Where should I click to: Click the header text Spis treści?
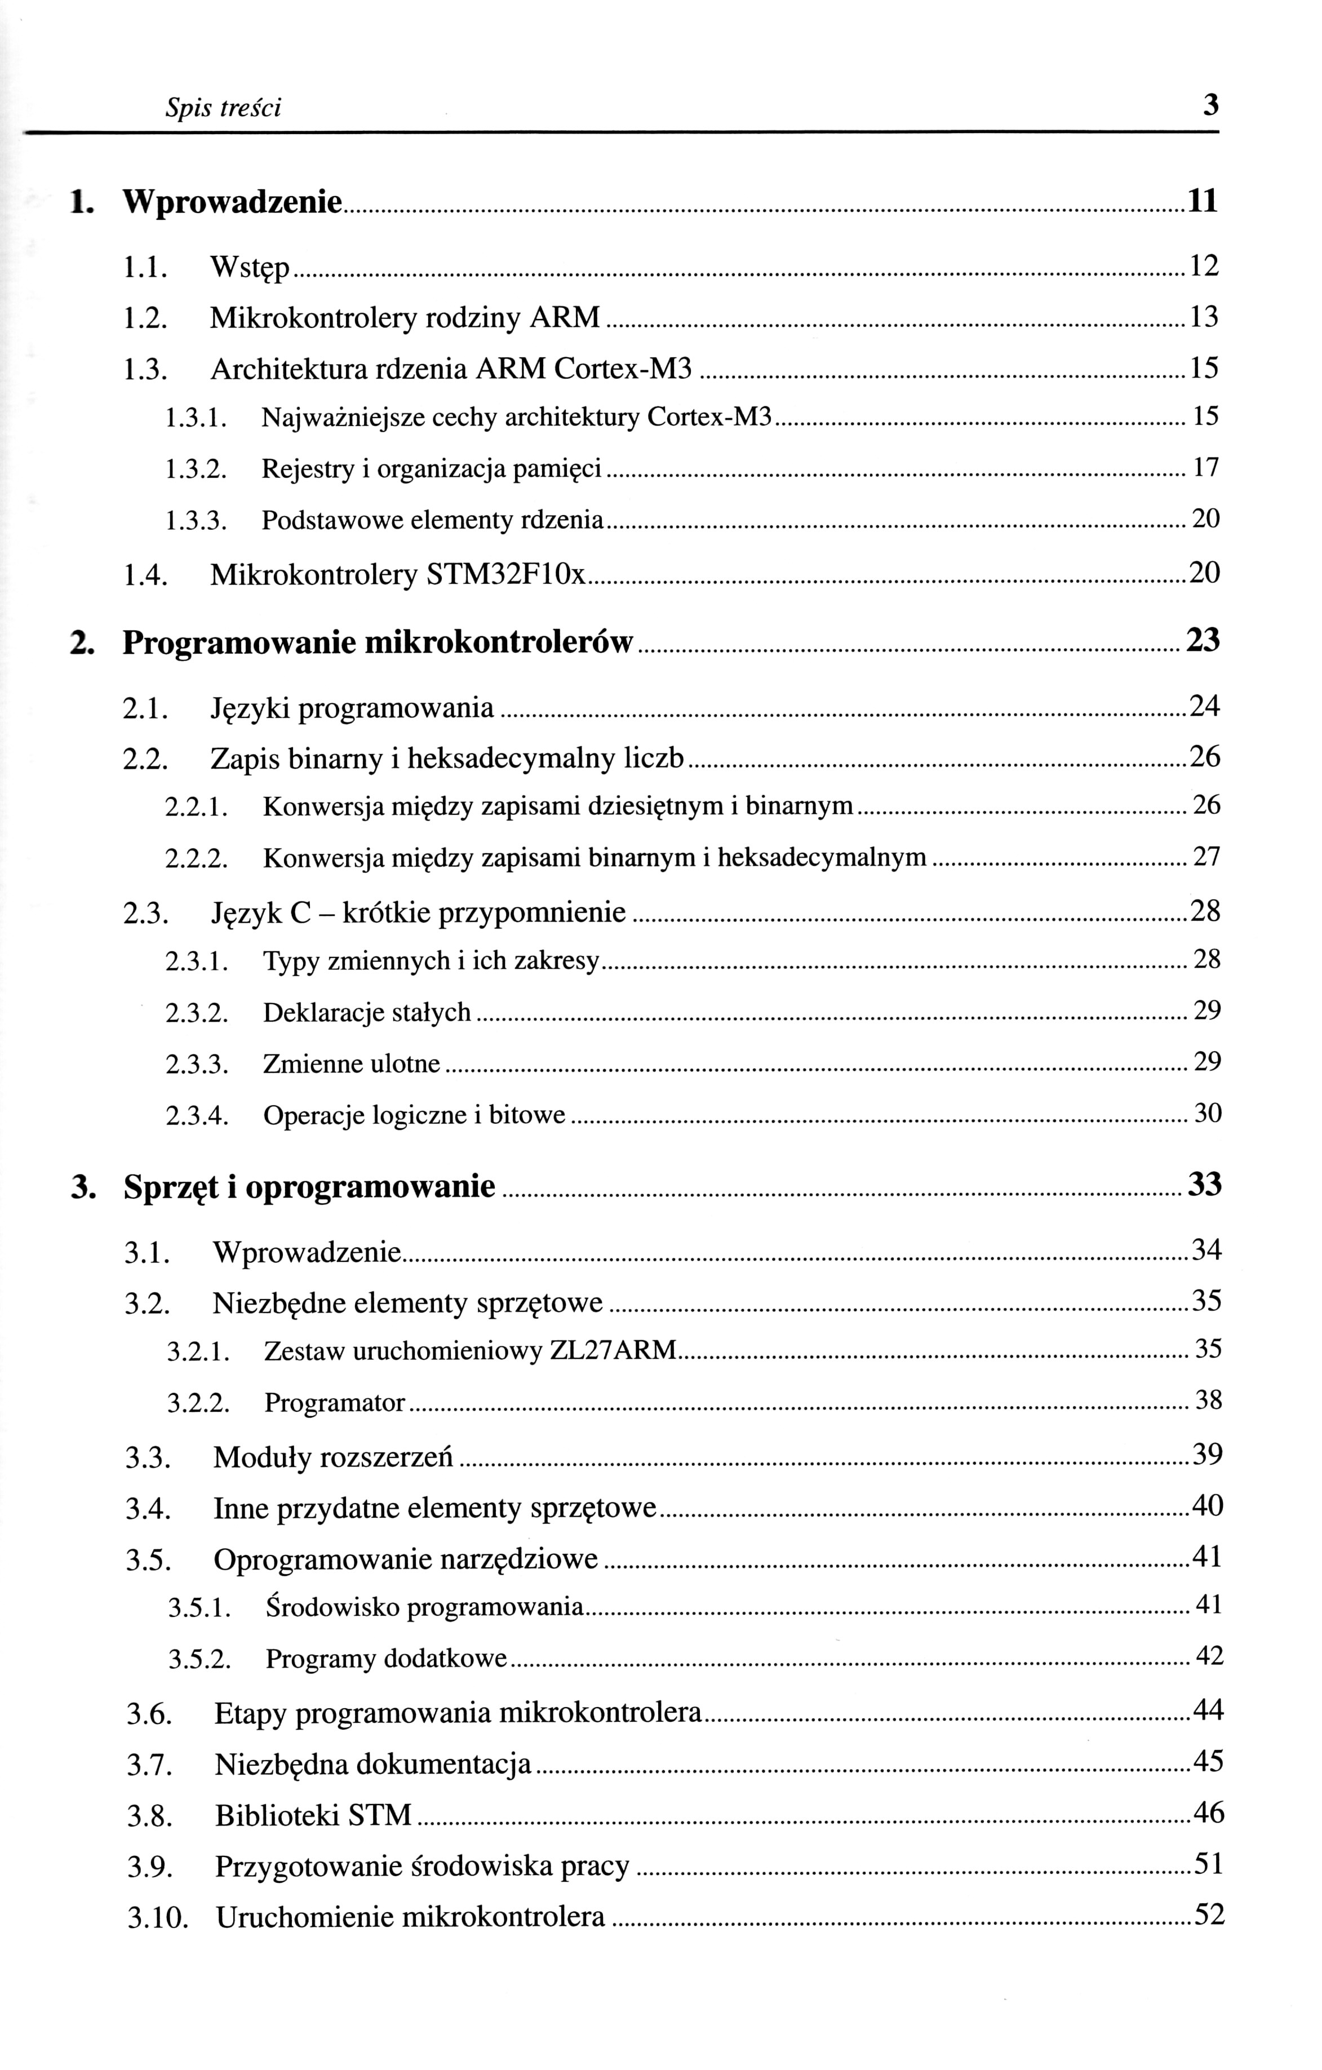[224, 108]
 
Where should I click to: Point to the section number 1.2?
[144, 319]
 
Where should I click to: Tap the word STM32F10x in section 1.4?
[506, 574]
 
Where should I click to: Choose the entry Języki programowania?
[352, 708]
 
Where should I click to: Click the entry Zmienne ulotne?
[352, 1064]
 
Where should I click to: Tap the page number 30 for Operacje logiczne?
[1208, 1114]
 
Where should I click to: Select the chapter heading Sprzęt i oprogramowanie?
[309, 1187]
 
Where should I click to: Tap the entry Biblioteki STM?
[314, 1816]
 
